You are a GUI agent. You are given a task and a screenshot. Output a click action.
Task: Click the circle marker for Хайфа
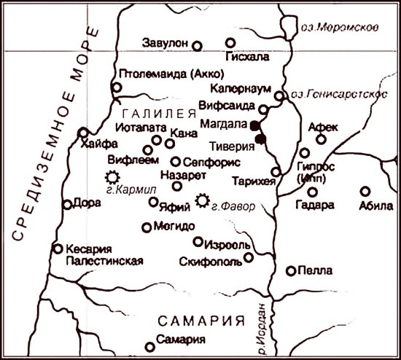[82, 133]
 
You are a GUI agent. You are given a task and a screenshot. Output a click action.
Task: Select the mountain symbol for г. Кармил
[112, 176]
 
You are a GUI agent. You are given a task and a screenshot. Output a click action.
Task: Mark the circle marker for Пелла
[291, 271]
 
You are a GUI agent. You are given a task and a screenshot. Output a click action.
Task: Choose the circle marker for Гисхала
[230, 43]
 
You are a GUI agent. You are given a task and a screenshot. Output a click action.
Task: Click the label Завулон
[167, 42]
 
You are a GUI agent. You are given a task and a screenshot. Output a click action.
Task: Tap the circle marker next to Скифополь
[249, 257]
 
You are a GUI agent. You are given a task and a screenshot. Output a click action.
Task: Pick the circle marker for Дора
[67, 205]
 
